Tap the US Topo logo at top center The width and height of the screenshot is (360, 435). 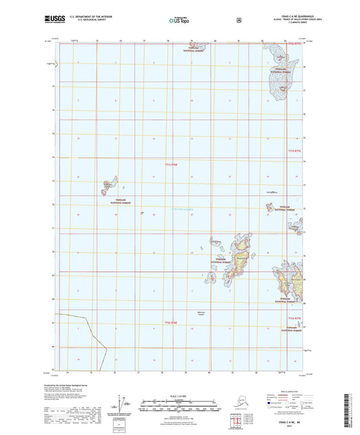(178, 21)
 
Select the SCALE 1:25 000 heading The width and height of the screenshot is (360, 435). (179, 394)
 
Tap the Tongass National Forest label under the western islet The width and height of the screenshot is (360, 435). (113, 200)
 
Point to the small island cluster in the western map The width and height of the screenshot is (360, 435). (107, 185)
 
